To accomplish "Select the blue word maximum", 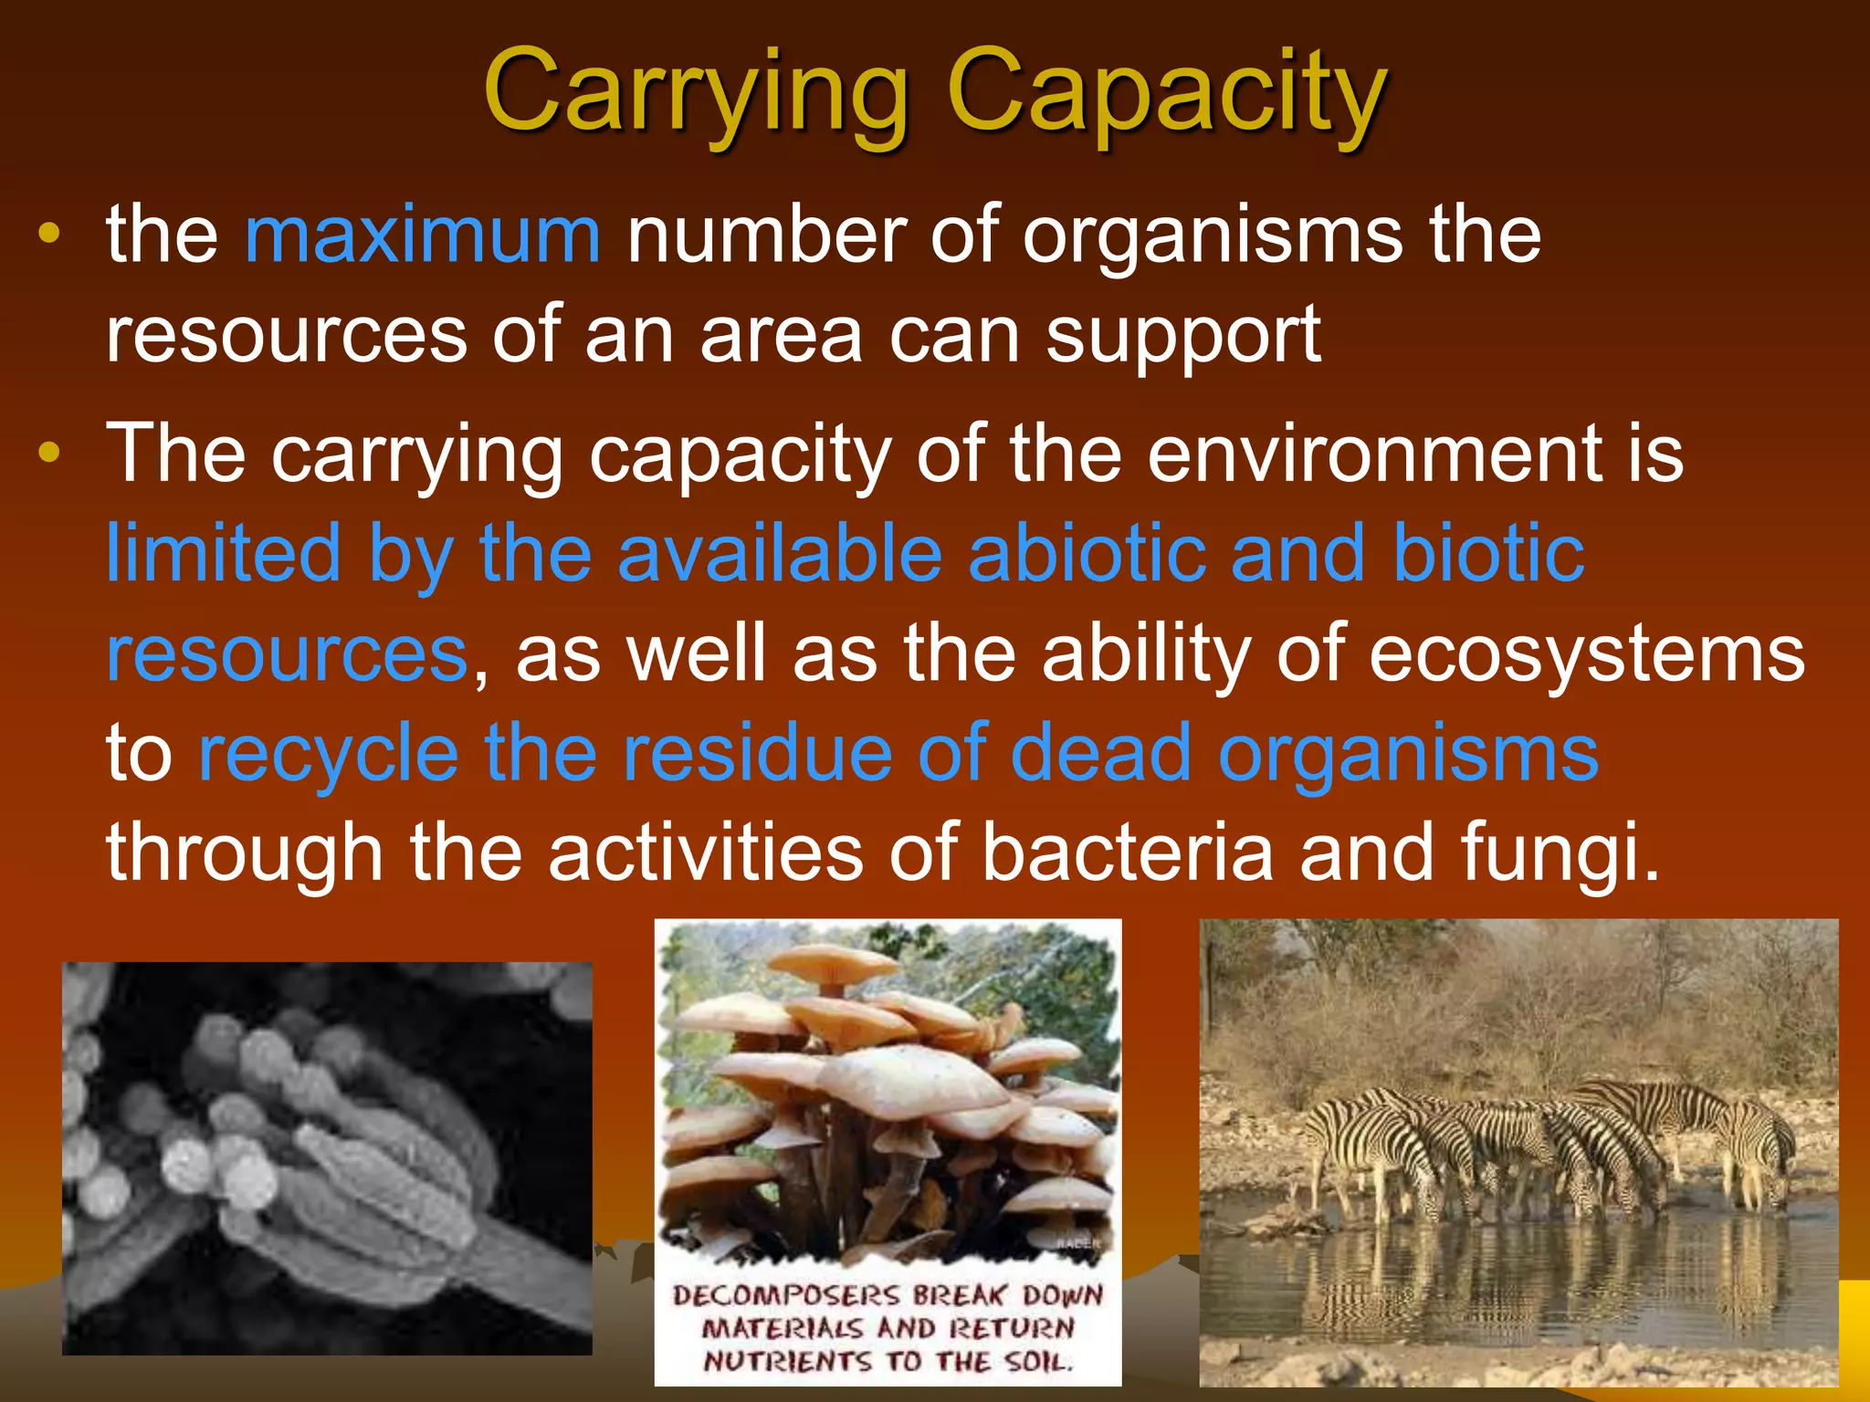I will tap(423, 235).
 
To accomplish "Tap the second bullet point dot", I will tap(49, 452).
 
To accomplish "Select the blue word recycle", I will tap(329, 754).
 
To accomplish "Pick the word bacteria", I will tap(1129, 853).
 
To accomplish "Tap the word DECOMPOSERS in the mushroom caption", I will tap(785, 1294).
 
